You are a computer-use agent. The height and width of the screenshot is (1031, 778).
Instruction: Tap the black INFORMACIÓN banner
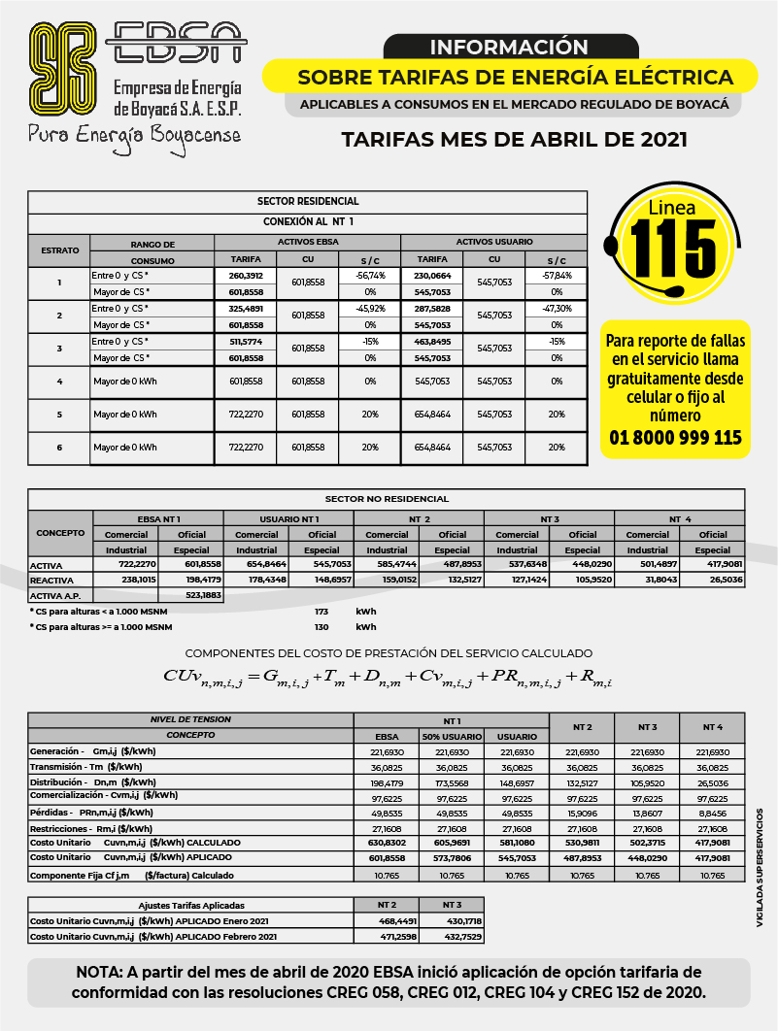[509, 47]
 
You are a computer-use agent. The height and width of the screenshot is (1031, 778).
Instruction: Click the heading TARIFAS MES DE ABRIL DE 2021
[514, 139]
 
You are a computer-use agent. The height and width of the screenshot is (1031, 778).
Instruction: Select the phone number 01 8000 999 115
[675, 438]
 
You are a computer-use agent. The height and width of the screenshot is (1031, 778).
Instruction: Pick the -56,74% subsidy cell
[369, 275]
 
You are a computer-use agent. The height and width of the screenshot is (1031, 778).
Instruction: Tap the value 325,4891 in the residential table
[245, 308]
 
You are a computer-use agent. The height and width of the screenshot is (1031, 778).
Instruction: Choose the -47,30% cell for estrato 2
[556, 308]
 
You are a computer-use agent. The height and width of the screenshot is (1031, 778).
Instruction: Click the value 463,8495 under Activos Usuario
[432, 342]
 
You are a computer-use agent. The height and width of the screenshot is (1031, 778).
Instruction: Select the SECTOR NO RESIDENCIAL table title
[401, 499]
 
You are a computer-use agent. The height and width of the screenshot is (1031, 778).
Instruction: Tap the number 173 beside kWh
[322, 612]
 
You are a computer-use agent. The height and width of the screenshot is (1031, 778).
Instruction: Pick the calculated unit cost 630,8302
[387, 843]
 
